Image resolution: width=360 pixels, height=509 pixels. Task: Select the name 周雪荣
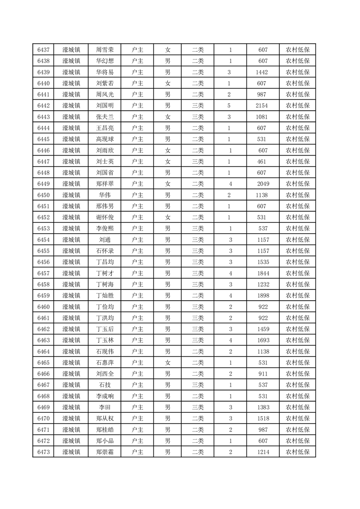(x=105, y=50)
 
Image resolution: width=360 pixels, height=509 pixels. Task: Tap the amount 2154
(x=263, y=106)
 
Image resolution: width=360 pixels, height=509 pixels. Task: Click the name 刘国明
(x=105, y=106)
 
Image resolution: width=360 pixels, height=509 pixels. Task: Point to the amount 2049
(x=263, y=184)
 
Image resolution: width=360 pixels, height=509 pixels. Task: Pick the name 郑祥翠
(x=105, y=184)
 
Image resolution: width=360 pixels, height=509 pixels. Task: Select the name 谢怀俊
(x=105, y=217)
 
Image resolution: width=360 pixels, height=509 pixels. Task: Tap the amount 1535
(x=263, y=262)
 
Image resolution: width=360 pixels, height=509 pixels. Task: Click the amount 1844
(x=263, y=273)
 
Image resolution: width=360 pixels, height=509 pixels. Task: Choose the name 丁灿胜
(x=105, y=295)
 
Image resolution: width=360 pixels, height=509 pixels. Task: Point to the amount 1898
(x=263, y=295)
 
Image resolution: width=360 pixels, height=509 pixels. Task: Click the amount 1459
(x=263, y=329)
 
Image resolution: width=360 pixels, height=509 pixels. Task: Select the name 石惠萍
(x=105, y=362)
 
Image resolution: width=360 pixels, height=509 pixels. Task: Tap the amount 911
(x=263, y=373)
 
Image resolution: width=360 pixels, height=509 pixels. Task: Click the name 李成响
(x=105, y=396)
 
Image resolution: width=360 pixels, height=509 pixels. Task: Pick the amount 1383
(x=263, y=407)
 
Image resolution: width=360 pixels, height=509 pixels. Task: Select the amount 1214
(x=263, y=451)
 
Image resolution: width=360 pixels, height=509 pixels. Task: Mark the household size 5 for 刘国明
(x=229, y=106)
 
